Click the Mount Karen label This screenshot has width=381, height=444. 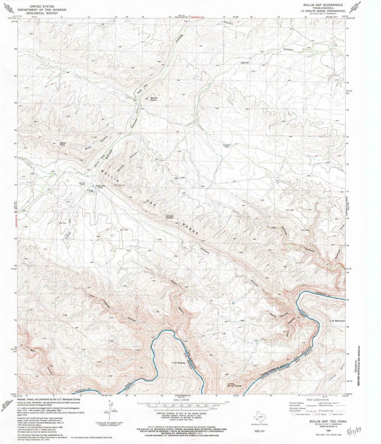point(154,99)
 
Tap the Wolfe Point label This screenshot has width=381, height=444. point(63,143)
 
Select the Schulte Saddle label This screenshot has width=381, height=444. point(170,217)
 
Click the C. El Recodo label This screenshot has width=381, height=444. point(179,363)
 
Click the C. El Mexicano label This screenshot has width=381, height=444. point(337,321)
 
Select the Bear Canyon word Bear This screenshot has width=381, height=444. point(33,350)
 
